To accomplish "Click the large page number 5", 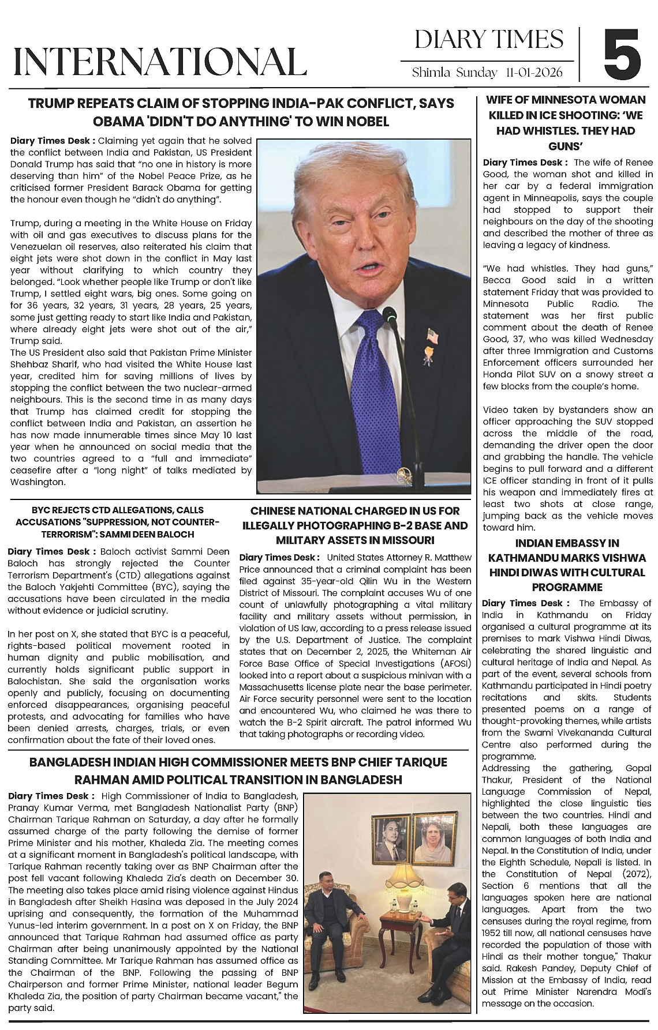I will (x=622, y=55).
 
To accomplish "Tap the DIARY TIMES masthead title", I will (x=488, y=40).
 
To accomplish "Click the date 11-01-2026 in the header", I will (x=541, y=73).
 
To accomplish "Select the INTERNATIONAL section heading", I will (x=159, y=61).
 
